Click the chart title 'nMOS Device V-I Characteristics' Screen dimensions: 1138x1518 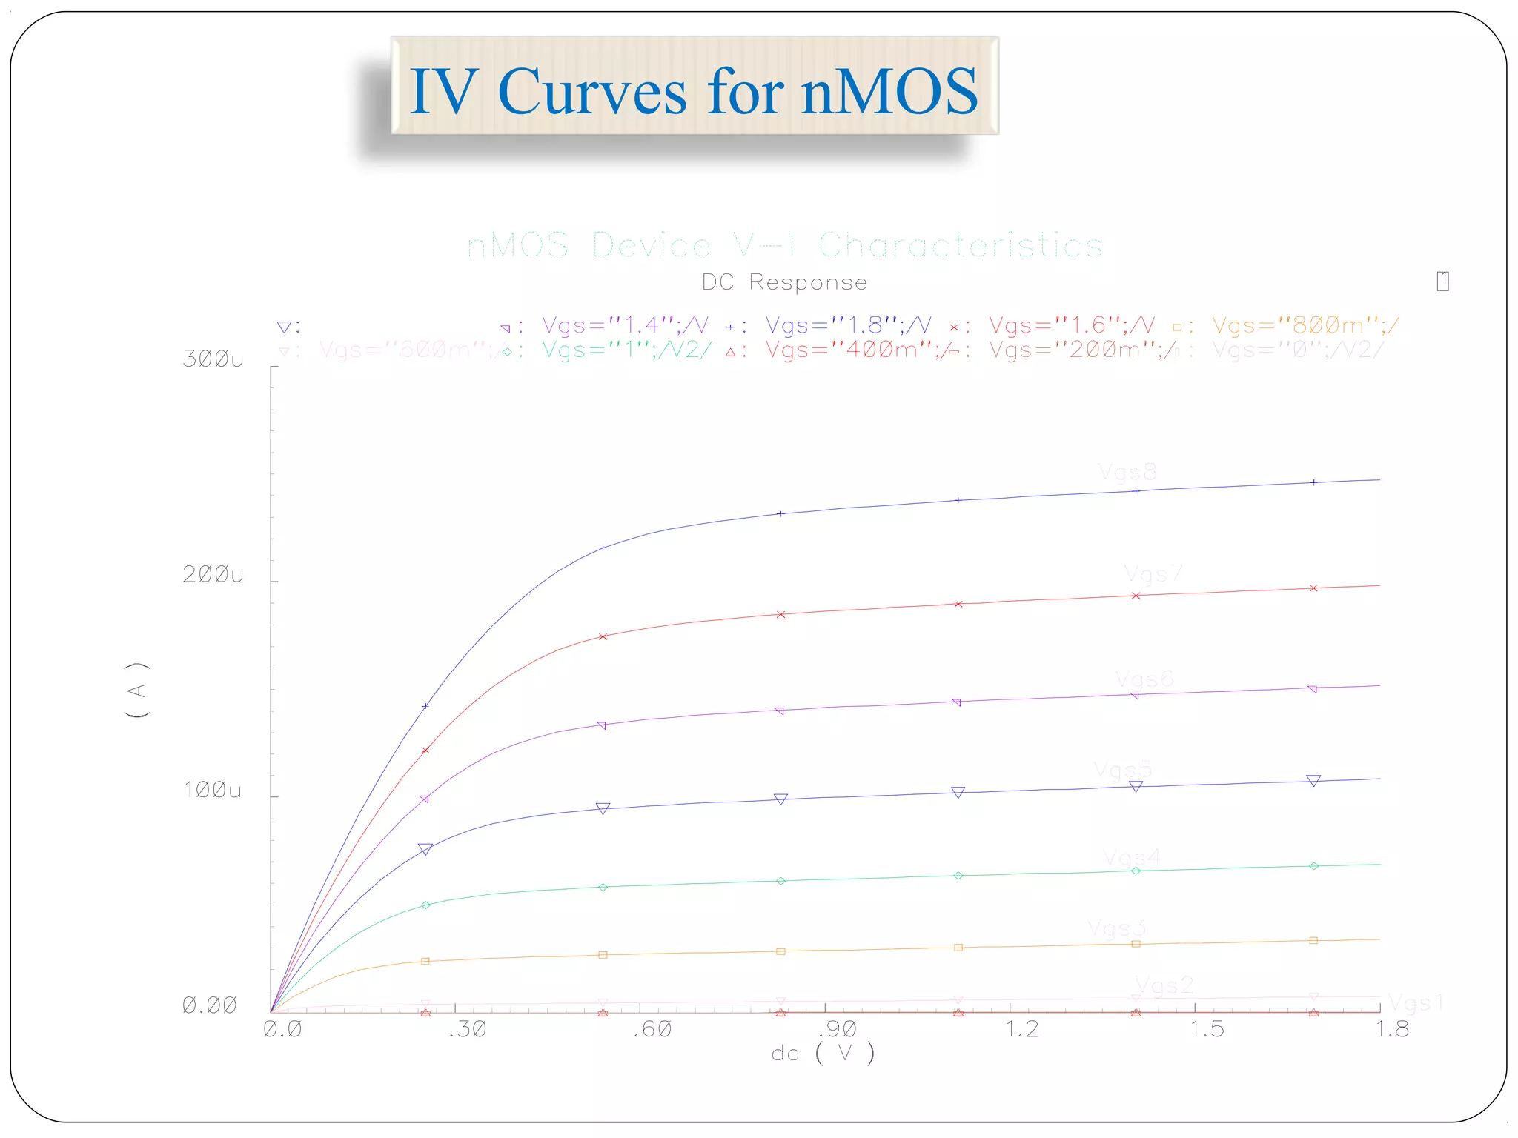click(x=784, y=245)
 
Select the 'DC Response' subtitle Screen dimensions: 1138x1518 click(x=784, y=282)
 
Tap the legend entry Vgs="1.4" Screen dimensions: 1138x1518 click(x=624, y=325)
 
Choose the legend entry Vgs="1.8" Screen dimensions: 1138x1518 click(x=848, y=325)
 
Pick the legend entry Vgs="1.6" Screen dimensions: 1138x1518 click(x=1072, y=325)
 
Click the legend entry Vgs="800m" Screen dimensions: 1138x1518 click(x=1305, y=325)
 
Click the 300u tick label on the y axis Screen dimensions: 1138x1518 click(x=213, y=359)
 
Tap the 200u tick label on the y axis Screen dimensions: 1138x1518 click(x=213, y=575)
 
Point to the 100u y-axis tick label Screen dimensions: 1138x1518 click(x=213, y=791)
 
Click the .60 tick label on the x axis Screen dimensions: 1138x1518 click(x=653, y=1029)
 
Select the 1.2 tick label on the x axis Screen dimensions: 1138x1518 click(x=1021, y=1029)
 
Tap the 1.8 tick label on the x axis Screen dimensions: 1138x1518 click(x=1392, y=1029)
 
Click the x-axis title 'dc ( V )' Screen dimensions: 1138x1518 click(x=823, y=1053)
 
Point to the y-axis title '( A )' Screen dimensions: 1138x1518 click(x=138, y=690)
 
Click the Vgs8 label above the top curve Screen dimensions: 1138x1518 click(x=1127, y=472)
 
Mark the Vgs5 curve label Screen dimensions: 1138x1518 click(x=1122, y=770)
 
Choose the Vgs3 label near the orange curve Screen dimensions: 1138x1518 click(x=1116, y=928)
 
